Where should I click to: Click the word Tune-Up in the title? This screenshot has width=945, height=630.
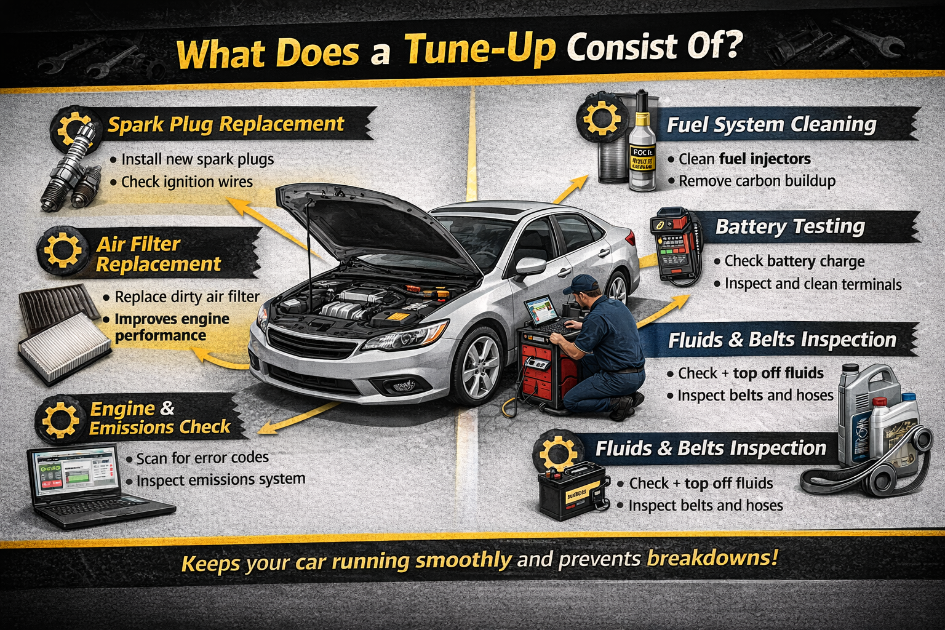(x=480, y=49)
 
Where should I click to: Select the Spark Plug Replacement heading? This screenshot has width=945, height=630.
(x=225, y=124)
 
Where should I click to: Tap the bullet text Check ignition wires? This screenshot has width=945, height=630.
(x=186, y=182)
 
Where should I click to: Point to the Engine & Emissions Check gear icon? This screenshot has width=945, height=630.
(x=60, y=419)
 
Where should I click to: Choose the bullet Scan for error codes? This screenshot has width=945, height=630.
(x=202, y=458)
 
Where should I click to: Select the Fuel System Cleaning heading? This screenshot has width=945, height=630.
(x=772, y=125)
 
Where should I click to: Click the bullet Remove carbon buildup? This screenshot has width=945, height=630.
(x=757, y=181)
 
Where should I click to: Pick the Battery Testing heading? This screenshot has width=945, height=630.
(x=790, y=227)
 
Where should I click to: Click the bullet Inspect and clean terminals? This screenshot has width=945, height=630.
(x=812, y=284)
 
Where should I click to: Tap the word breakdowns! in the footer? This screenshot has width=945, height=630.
(x=712, y=559)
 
